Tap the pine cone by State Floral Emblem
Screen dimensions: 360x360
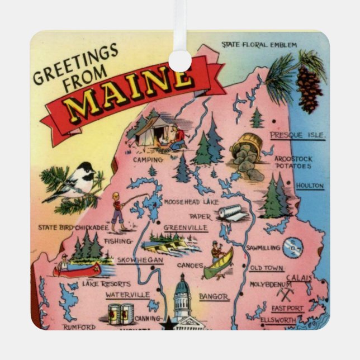(x=309, y=89)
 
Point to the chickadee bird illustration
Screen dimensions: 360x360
(x=78, y=181)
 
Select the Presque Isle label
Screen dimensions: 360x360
(x=297, y=135)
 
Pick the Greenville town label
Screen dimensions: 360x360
(x=186, y=228)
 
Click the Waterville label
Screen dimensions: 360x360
(x=127, y=294)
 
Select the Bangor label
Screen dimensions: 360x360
(x=214, y=297)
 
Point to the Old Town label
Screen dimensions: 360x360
(x=267, y=268)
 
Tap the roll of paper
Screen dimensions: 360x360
(x=232, y=212)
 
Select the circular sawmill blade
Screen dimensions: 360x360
(x=291, y=245)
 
